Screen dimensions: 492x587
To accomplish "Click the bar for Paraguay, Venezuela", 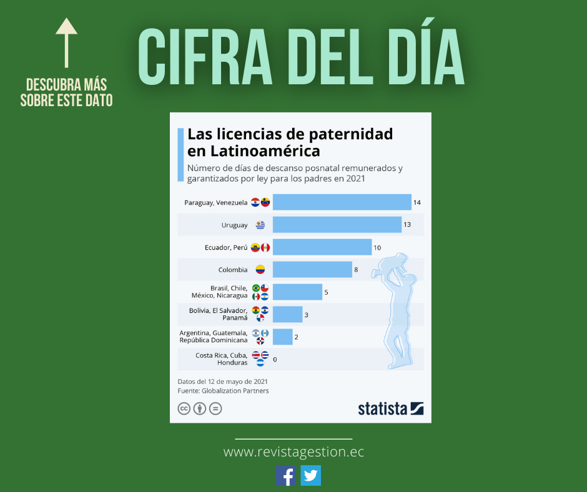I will pyautogui.click(x=342, y=202).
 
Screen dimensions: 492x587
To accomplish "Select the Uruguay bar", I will pyautogui.click(x=337, y=225).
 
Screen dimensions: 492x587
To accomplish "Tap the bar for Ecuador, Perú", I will pyautogui.click(x=322, y=247).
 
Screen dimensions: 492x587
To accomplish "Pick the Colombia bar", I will pyautogui.click(x=312, y=270).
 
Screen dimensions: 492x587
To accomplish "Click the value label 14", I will pyautogui.click(x=417, y=202).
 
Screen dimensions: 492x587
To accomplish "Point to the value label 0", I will pyautogui.click(x=275, y=359).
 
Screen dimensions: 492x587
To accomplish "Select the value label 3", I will pyautogui.click(x=306, y=315).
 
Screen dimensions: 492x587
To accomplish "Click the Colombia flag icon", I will pyautogui.click(x=260, y=270).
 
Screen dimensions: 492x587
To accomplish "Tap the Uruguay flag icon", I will pyautogui.click(x=260, y=225).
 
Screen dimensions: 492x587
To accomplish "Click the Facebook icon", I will pyautogui.click(x=286, y=476).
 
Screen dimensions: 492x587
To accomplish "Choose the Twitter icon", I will pyautogui.click(x=310, y=476).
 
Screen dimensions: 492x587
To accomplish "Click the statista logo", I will pyautogui.click(x=390, y=409).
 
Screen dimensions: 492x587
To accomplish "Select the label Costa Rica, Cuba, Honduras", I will pyautogui.click(x=221, y=359).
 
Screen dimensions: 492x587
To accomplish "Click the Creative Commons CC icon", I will pyautogui.click(x=184, y=409).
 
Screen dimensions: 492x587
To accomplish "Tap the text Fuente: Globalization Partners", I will pyautogui.click(x=223, y=391).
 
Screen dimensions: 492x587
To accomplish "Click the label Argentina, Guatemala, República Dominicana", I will pyautogui.click(x=213, y=337).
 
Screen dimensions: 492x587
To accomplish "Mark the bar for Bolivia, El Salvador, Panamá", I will pyautogui.click(x=287, y=315).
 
